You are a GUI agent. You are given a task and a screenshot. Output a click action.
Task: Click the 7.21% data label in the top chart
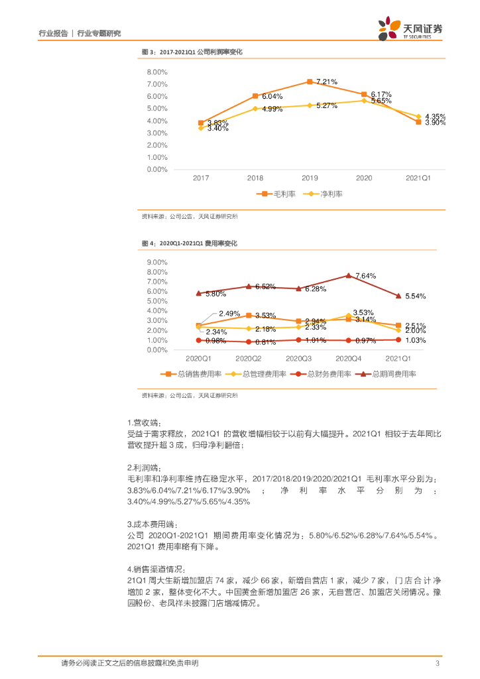point(326,82)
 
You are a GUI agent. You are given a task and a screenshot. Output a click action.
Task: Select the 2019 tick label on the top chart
point(310,178)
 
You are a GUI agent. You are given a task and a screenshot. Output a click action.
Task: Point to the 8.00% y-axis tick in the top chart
point(156,72)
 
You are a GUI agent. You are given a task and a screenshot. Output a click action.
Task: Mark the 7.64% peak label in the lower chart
point(365,275)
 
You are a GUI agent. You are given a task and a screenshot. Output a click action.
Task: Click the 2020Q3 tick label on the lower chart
point(299,358)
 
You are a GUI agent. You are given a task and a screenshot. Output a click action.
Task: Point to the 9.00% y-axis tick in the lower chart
point(156,262)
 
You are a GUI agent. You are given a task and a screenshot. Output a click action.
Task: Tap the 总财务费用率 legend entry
point(324,374)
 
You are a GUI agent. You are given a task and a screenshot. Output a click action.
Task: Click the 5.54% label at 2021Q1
point(415,296)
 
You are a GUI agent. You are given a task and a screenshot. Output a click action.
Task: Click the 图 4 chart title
point(189,243)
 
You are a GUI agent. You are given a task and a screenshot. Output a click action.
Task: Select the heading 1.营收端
point(145,422)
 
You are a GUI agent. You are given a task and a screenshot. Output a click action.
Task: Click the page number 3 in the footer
point(437,664)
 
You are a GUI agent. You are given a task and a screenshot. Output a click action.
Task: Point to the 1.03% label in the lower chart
point(415,340)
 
